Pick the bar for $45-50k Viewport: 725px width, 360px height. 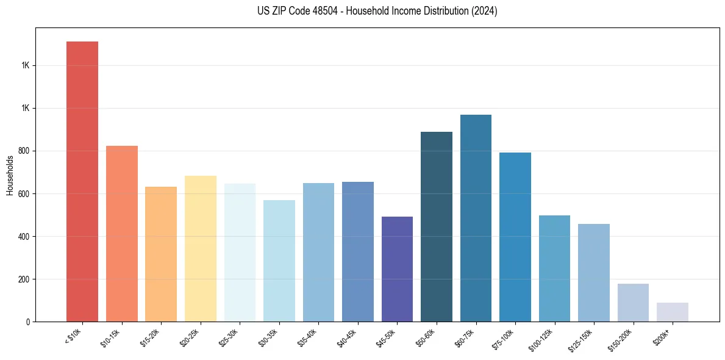tap(397, 269)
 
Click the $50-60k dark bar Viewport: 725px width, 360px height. tap(436, 226)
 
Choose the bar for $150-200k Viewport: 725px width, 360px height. tap(633, 303)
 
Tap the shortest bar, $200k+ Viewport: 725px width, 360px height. tap(672, 312)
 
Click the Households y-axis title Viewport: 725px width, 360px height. tap(10, 175)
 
